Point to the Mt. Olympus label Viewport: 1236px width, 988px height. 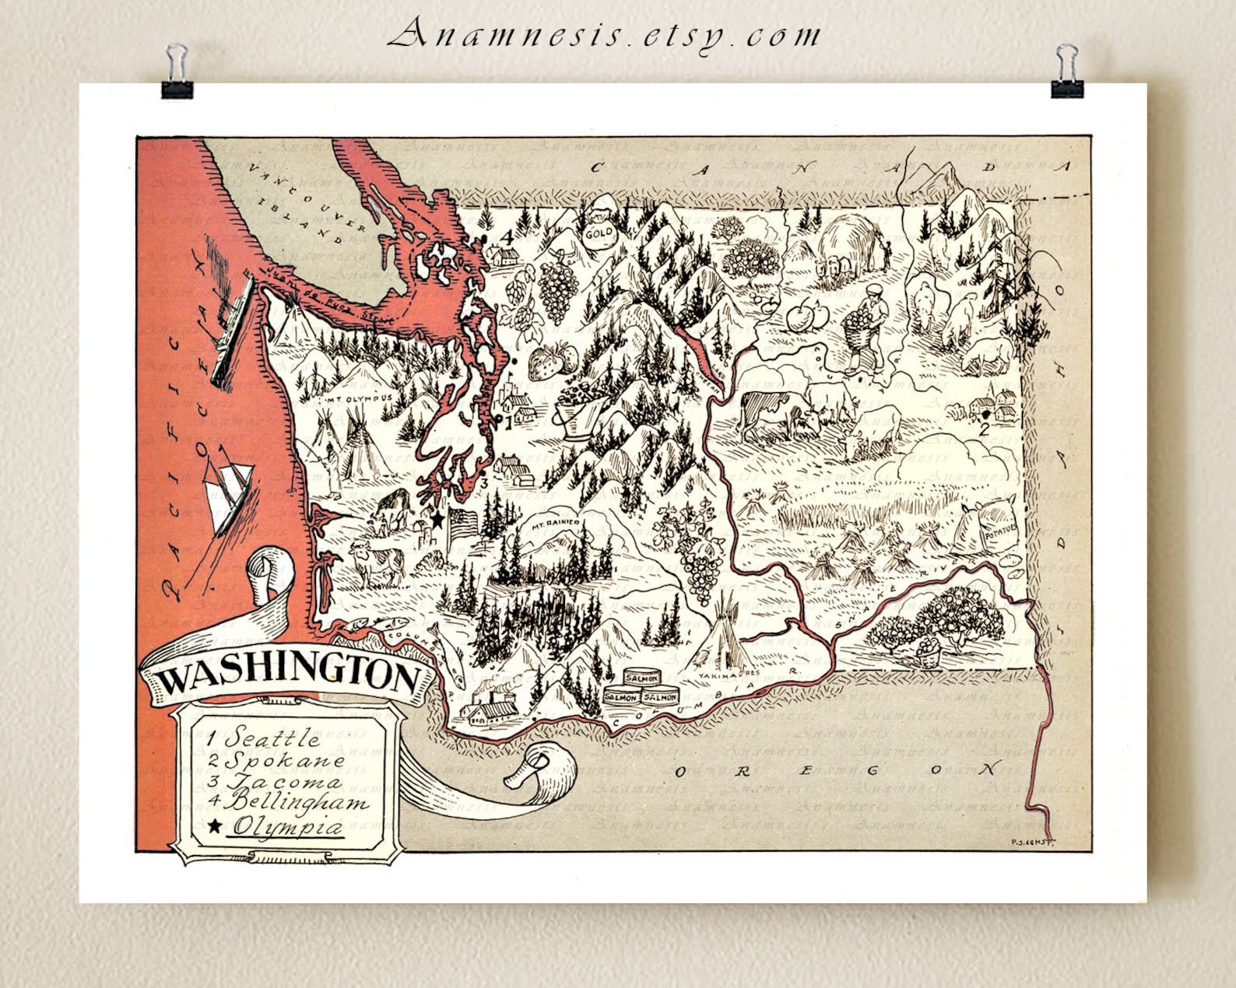(359, 398)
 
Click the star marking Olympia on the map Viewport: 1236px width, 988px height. (437, 517)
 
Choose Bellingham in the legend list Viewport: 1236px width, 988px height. (296, 801)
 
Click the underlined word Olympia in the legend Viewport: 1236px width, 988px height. (288, 827)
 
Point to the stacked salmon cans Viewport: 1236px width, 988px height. (640, 689)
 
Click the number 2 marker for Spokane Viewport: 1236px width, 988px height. (984, 427)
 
